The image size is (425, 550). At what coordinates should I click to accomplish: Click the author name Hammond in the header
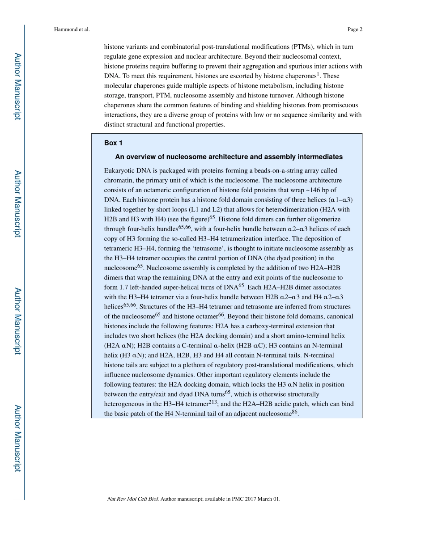[65, 30]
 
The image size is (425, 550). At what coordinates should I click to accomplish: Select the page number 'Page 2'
[354, 30]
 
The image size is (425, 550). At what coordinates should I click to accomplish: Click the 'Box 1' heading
[113, 143]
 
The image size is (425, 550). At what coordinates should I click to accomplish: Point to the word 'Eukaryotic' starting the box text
[119, 171]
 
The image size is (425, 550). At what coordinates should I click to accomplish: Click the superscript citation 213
[212, 402]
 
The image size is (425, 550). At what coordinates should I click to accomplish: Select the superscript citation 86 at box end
[294, 412]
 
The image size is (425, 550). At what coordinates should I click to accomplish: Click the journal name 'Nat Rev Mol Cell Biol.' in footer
[132, 499]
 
